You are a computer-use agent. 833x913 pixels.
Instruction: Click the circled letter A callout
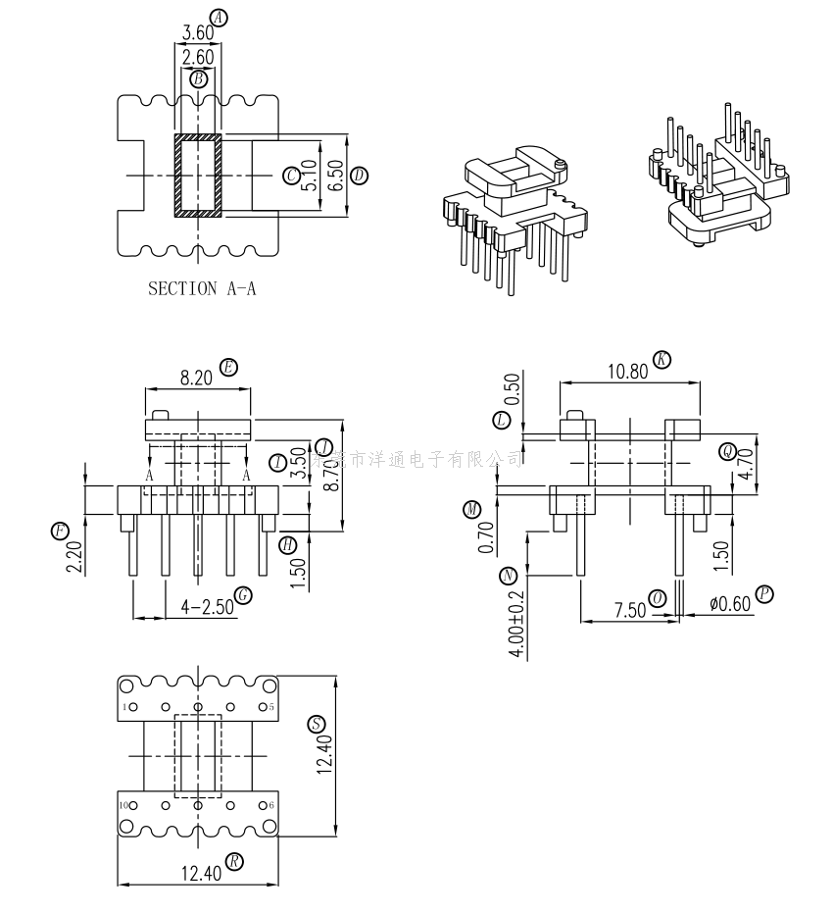[x=219, y=18]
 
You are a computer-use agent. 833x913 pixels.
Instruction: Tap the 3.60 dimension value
[x=198, y=32]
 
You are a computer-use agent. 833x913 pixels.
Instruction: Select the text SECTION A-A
[x=202, y=288]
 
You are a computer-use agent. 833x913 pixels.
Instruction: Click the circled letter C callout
[x=291, y=176]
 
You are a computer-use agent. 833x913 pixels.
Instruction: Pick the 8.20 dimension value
[x=199, y=377]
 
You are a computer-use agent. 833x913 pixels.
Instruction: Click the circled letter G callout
[x=244, y=595]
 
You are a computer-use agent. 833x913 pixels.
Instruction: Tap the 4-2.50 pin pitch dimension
[x=207, y=606]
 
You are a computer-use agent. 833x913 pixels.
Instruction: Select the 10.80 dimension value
[x=628, y=371]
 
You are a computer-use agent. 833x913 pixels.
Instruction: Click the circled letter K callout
[x=662, y=360]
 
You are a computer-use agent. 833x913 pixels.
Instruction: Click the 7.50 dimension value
[x=629, y=609]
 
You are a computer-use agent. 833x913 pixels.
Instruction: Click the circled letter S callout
[x=316, y=725]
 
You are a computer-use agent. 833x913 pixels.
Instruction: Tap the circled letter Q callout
[x=726, y=451]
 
